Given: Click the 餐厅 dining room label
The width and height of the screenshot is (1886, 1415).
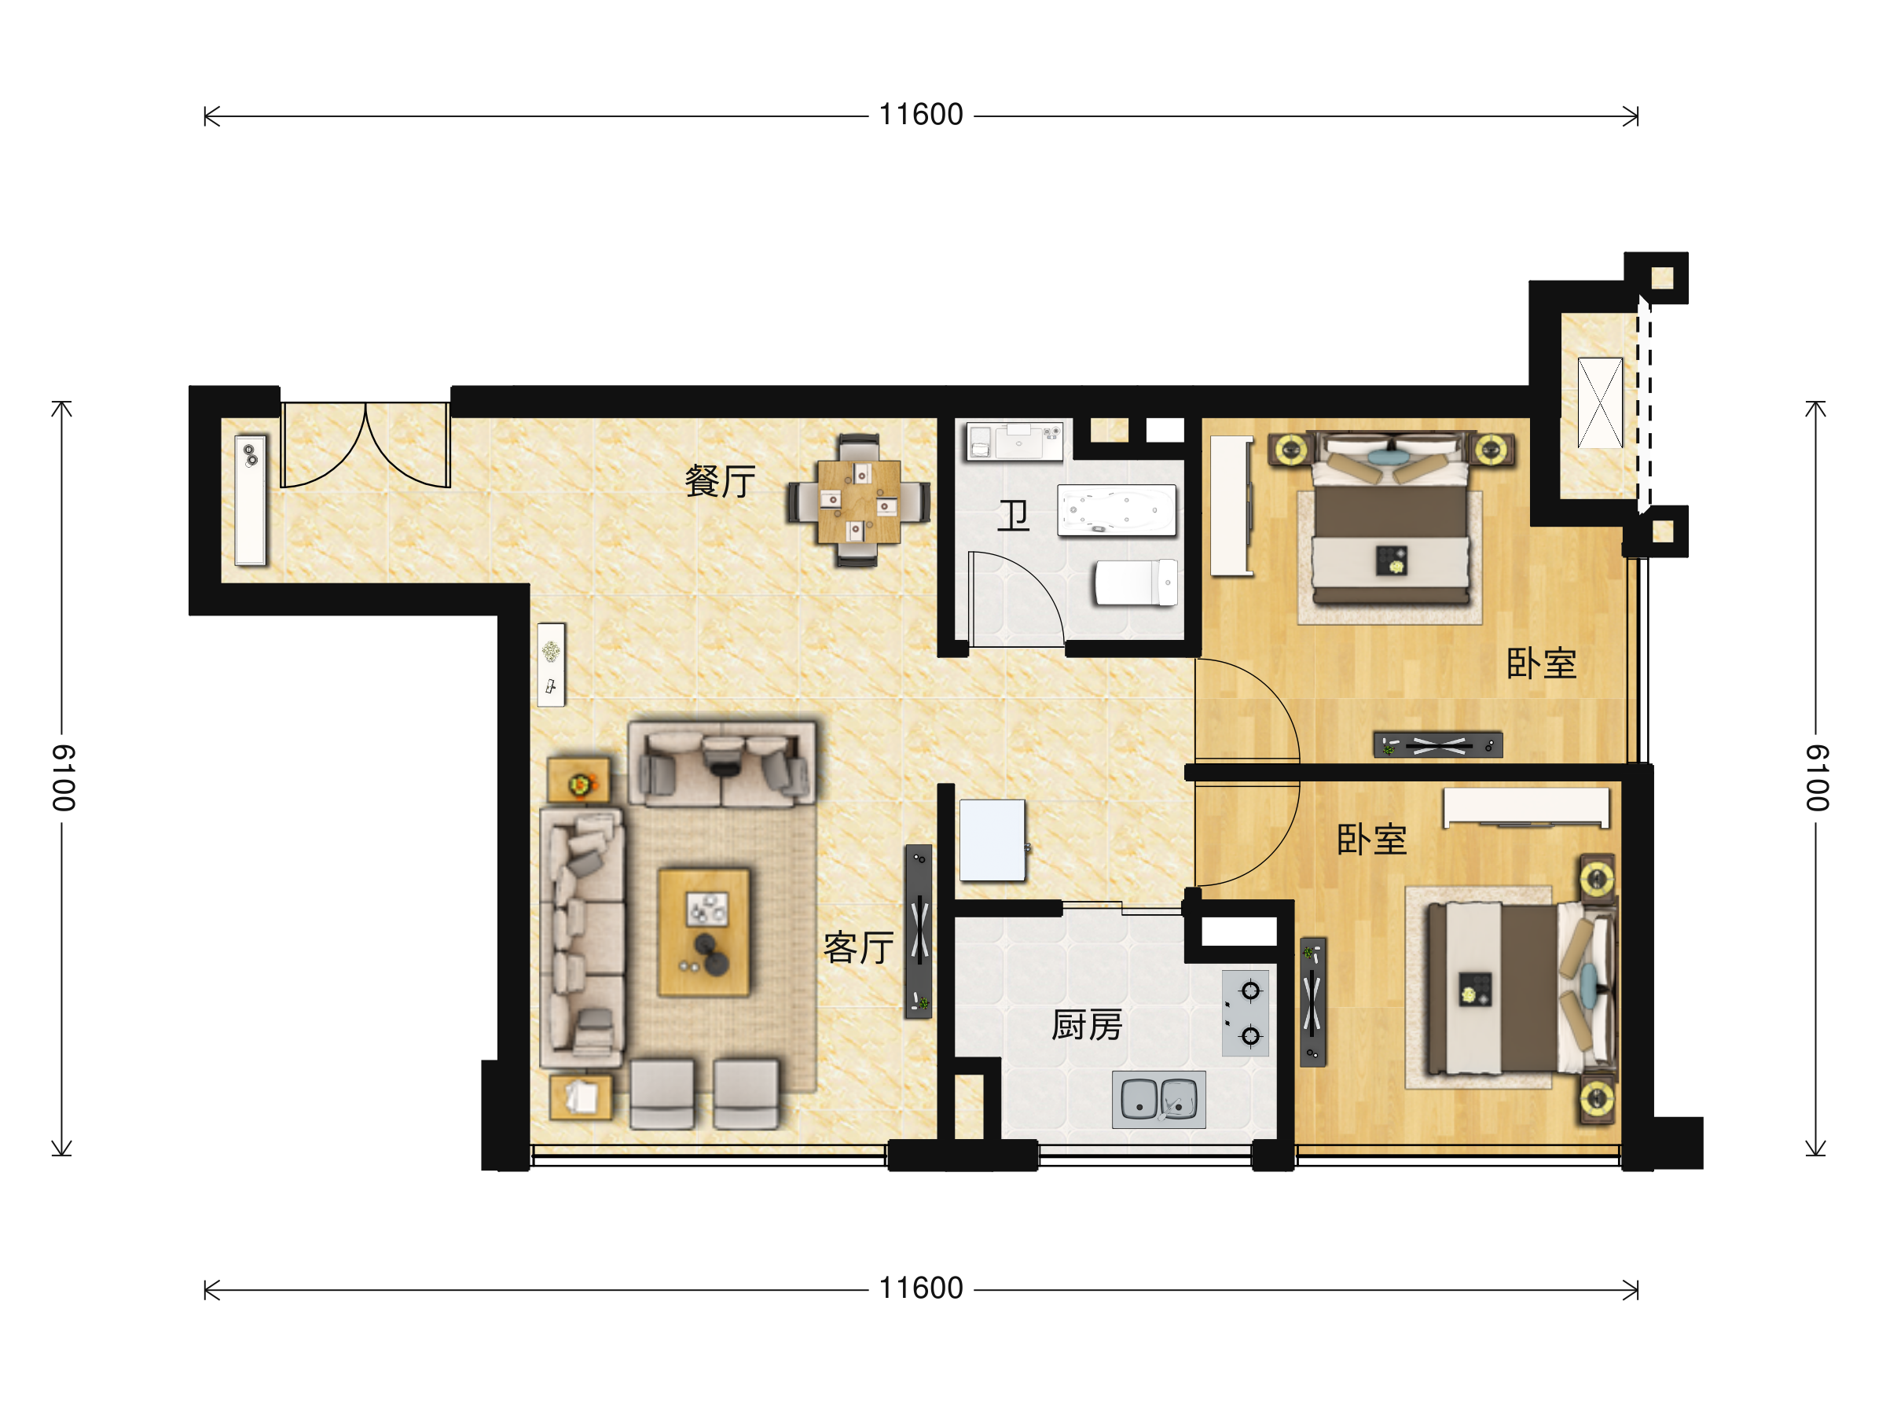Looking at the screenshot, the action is pos(721,482).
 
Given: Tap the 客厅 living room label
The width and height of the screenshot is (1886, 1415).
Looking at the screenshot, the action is pos(859,947).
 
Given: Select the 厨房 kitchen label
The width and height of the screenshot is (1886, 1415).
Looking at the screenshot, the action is pos(1087,1025).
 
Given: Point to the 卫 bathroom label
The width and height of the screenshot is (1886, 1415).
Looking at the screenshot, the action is pos(1014,516).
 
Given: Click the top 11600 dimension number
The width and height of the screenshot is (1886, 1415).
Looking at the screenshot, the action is pos(921,115).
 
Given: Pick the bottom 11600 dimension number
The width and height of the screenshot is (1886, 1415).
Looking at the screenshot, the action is pos(921,1288).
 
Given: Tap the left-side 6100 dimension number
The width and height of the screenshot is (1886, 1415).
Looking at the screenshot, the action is pos(63,778).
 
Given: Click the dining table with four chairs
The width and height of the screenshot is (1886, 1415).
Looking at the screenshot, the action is pos(859,502).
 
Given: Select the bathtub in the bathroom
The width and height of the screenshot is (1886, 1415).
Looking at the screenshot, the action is pos(1117,511).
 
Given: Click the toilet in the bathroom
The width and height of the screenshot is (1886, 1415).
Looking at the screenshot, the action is pos(1136,583).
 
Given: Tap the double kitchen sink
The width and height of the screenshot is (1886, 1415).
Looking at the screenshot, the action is pos(1159,1100).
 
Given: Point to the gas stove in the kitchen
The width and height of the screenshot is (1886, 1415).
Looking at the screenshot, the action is pos(1246,1013).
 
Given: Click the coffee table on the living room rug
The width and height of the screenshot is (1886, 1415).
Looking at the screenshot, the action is pos(704,933).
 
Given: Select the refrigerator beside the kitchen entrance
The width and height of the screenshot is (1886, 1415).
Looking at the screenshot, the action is pos(993,840).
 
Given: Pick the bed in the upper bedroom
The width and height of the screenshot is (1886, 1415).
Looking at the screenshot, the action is pos(1391,520).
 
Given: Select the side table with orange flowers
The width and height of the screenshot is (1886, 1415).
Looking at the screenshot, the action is pos(579,780).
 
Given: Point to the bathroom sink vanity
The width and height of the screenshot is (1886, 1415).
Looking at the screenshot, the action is pos(1015,442).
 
